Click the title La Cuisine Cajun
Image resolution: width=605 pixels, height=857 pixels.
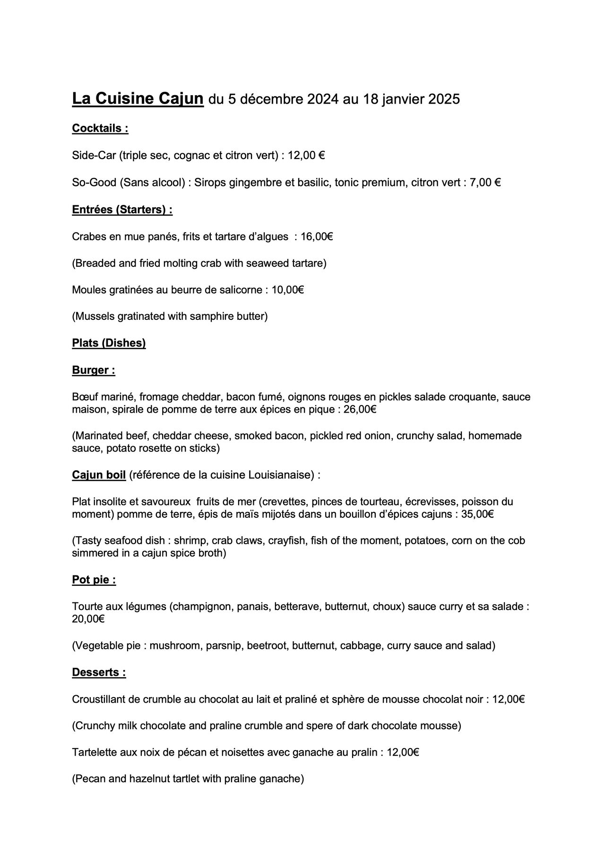[138, 99]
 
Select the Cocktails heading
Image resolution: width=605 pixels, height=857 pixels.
[100, 128]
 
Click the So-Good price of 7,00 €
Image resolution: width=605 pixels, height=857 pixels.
[485, 182]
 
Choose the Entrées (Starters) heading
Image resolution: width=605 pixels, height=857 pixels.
[122, 209]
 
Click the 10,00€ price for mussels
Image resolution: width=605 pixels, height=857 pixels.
[287, 290]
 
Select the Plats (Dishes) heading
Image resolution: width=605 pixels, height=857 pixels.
[109, 343]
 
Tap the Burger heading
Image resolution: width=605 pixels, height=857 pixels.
[93, 370]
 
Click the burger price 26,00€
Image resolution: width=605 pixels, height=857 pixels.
[360, 409]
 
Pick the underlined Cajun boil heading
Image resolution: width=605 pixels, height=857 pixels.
[99, 475]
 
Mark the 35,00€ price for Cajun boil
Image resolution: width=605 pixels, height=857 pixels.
[477, 514]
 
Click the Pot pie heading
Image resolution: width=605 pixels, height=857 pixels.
[94, 580]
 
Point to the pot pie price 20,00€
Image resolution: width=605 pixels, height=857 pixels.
[88, 618]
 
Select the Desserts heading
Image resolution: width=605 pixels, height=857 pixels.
[99, 672]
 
